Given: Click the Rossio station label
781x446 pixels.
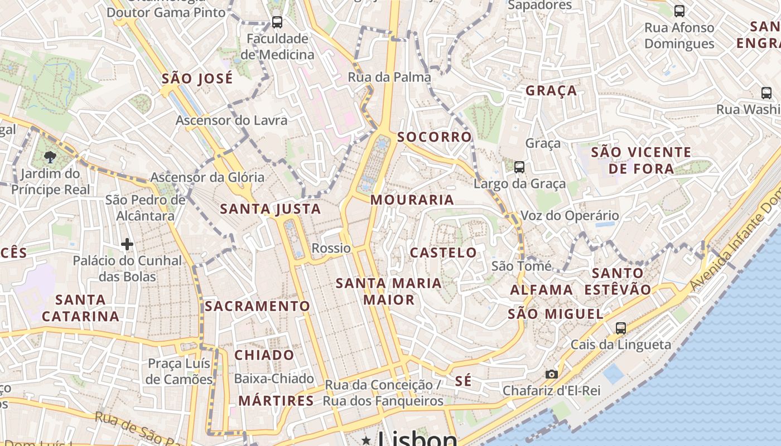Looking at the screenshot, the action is pyautogui.click(x=331, y=248).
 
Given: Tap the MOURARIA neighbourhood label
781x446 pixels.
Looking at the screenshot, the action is pyautogui.click(x=412, y=200).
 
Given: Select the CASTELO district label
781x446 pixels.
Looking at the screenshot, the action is pyautogui.click(x=443, y=253).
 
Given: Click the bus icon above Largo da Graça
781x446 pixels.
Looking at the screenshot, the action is pyautogui.click(x=519, y=167).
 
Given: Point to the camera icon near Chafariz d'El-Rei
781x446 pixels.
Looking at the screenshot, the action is pyautogui.click(x=551, y=374).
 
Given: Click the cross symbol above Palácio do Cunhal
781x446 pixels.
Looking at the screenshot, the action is pyautogui.click(x=127, y=244).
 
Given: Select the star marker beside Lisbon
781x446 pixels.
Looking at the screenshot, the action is pyautogui.click(x=366, y=440).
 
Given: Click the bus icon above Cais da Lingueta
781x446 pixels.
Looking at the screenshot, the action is pyautogui.click(x=621, y=328).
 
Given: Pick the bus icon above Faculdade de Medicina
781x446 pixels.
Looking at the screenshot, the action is pyautogui.click(x=277, y=22).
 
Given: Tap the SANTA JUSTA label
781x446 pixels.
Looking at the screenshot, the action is pyautogui.click(x=271, y=209).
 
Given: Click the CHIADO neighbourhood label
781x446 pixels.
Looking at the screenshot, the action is pyautogui.click(x=264, y=355).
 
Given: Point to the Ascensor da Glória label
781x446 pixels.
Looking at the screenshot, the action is pyautogui.click(x=208, y=177).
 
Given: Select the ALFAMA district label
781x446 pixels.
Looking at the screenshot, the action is pyautogui.click(x=541, y=290).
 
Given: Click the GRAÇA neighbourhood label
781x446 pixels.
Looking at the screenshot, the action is pyautogui.click(x=551, y=91).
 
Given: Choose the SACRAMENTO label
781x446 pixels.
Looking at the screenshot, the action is pyautogui.click(x=257, y=306).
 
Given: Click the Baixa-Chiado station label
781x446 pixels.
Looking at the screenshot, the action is pyautogui.click(x=274, y=379).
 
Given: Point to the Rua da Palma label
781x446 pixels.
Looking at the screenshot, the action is pyautogui.click(x=389, y=77).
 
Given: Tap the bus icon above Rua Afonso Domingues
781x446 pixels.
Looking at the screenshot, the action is pyautogui.click(x=679, y=11).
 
